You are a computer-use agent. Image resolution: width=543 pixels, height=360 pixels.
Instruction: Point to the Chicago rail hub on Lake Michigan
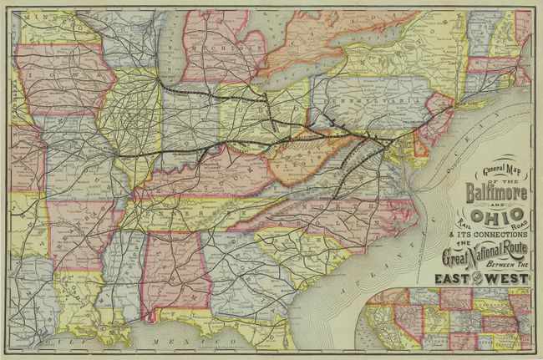[160, 83]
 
